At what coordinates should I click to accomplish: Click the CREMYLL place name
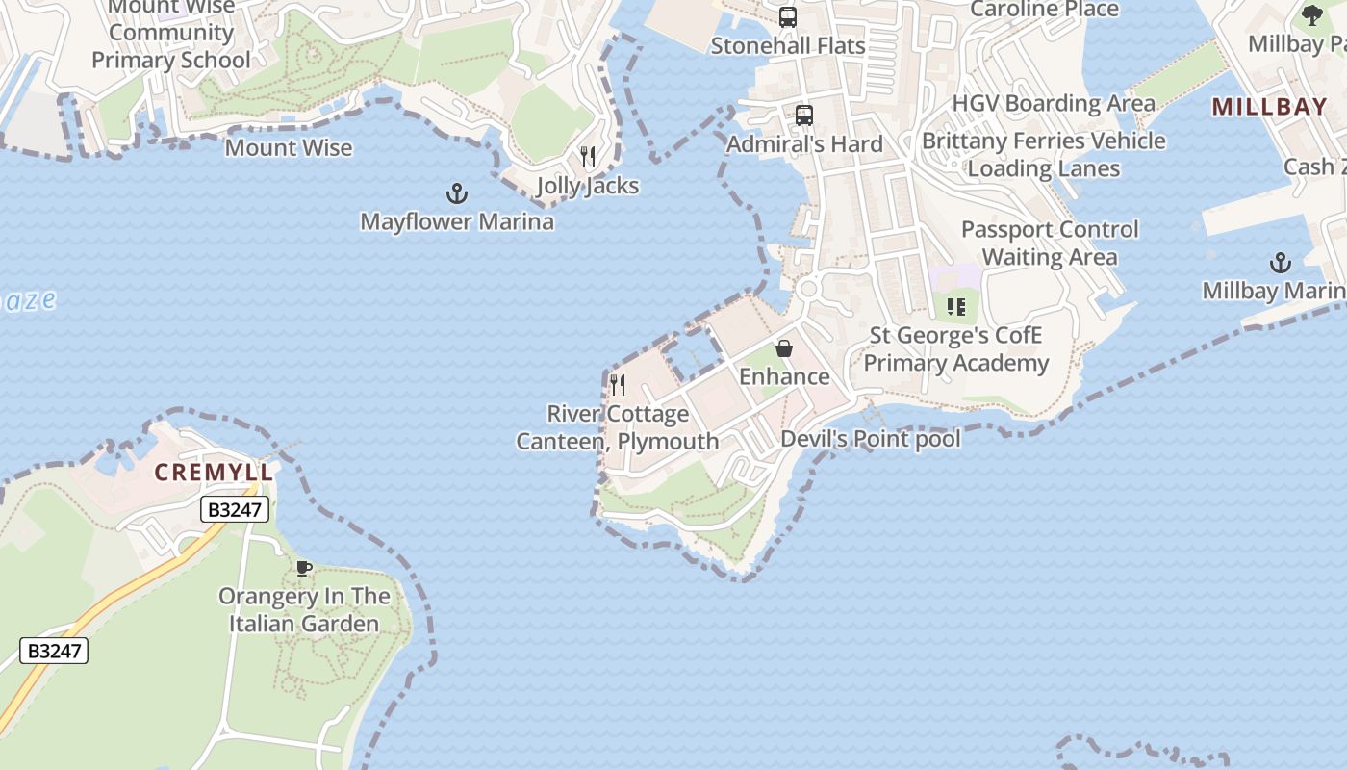coord(215,473)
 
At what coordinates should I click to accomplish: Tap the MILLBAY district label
coord(1269,107)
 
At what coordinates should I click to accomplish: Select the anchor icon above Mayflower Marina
coord(457,194)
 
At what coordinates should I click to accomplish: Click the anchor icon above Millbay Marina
coord(1280,263)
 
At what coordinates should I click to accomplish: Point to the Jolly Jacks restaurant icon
coord(588,157)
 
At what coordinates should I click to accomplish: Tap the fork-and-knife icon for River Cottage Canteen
coord(618,385)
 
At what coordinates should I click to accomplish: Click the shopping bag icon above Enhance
coord(784,348)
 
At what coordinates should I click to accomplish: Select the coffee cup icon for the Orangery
coord(304,568)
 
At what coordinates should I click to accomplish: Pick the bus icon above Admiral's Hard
coord(804,115)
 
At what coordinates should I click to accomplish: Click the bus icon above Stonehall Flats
coord(788,17)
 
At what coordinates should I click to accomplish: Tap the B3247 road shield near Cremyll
coord(235,509)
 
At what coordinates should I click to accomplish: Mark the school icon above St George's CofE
coord(955,307)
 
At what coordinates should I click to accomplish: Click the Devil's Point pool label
coord(870,439)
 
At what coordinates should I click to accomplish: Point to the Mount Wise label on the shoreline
coord(289,148)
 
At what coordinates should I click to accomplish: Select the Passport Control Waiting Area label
coord(1049,244)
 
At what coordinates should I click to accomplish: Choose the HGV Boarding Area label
coord(1054,103)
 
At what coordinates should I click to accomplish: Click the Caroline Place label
coord(1044,10)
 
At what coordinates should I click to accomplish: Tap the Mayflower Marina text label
coord(457,222)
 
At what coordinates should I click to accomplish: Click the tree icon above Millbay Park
coord(1311,14)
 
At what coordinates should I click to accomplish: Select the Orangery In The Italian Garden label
coord(304,610)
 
